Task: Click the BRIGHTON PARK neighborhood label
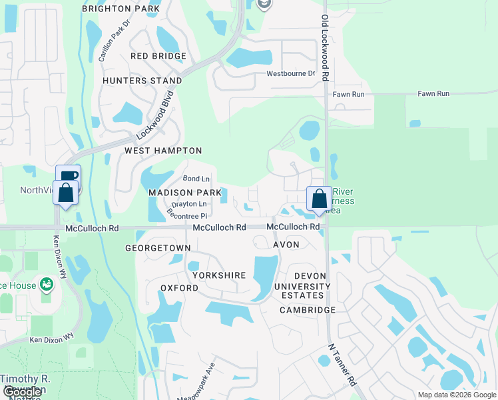click(121, 9)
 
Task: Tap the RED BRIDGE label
click(158, 56)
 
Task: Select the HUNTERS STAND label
click(142, 81)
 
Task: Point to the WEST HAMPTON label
click(163, 151)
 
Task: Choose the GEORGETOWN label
click(158, 248)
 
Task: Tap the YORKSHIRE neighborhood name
click(219, 275)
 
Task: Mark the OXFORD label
click(179, 288)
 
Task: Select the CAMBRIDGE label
click(308, 310)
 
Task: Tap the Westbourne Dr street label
click(290, 73)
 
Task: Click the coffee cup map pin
click(68, 177)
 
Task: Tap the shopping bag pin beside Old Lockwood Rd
click(319, 199)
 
